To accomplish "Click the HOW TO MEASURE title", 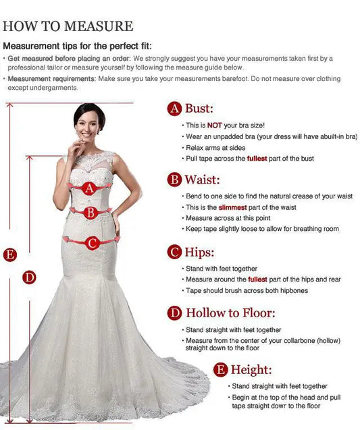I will (68, 26).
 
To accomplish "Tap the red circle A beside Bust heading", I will (175, 109).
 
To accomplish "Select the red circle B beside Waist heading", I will (175, 180).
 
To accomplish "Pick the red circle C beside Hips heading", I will (175, 252).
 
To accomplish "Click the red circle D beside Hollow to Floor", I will (175, 313).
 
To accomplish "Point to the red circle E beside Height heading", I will (220, 369).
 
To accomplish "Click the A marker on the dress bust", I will (89, 189).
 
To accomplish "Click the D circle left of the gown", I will (29, 277).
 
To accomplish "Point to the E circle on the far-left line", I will (9, 254).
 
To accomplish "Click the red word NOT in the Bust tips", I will (213, 126).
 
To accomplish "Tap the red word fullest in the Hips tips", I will (257, 279).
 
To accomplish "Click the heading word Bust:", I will (199, 109).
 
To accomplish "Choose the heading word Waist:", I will (203, 180).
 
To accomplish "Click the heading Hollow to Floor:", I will (230, 313).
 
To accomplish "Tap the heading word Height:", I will (251, 369).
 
